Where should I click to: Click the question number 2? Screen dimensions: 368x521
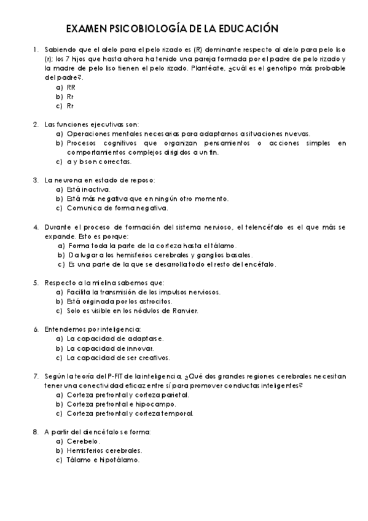[x=35, y=124]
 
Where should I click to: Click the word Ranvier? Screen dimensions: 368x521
[x=184, y=311]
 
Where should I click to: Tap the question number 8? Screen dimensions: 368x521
[x=35, y=432]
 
